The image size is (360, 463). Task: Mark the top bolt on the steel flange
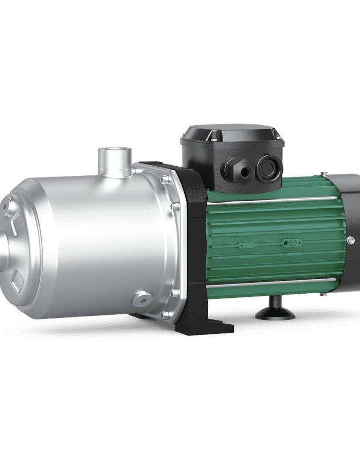[164, 180]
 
